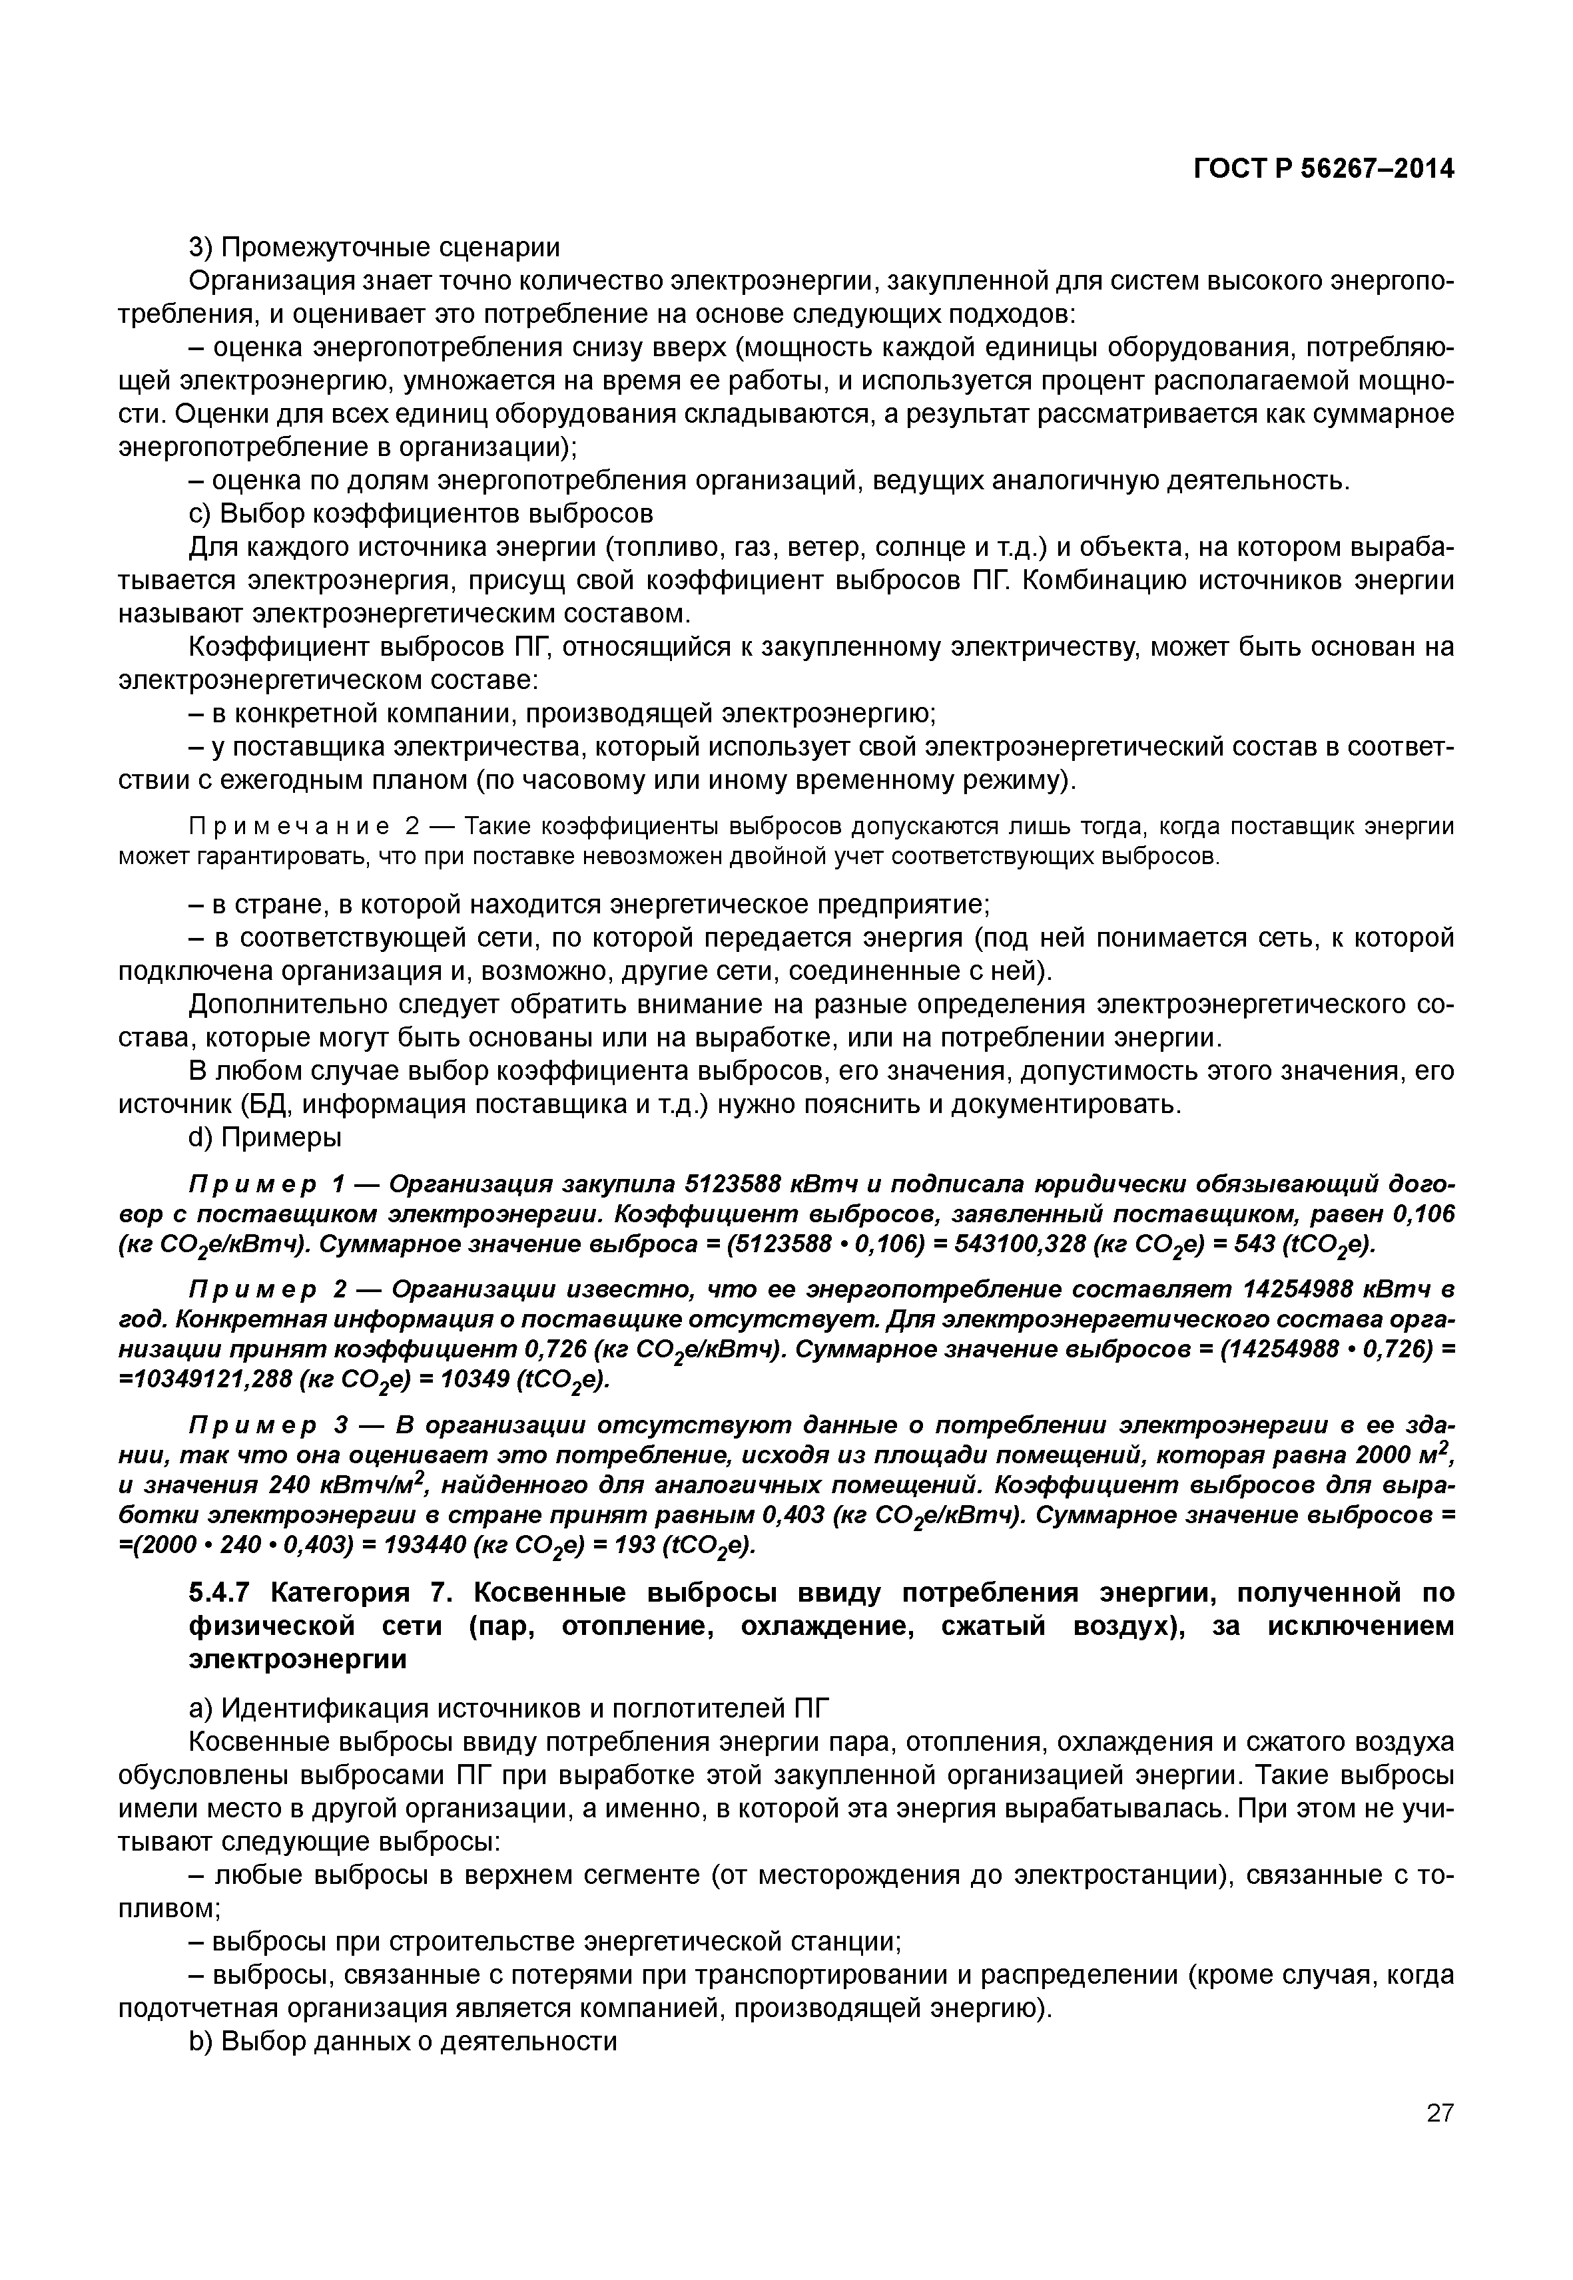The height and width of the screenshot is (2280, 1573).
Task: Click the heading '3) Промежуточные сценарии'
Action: (x=374, y=248)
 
